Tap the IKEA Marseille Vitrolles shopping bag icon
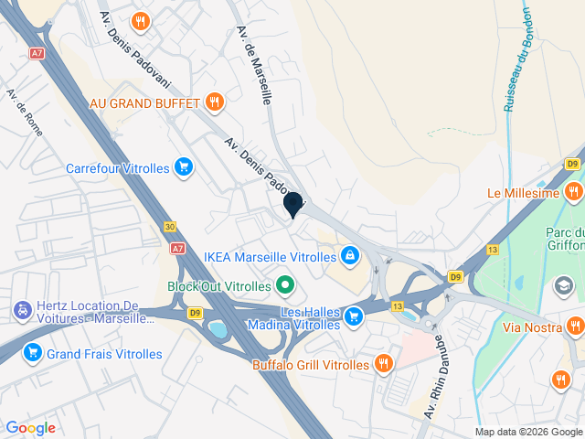348,255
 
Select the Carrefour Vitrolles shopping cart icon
185,167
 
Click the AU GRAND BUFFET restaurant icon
215,102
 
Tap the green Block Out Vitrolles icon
284,285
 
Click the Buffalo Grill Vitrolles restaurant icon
383,364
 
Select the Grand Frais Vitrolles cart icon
33,352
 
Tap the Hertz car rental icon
20,310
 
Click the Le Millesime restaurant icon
574,192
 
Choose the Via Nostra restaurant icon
575,326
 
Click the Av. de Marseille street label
255,65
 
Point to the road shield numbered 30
170,226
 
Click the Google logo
30,428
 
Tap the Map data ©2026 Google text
527,432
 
